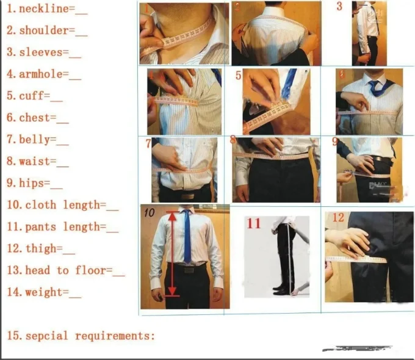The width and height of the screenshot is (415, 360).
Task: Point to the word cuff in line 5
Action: pos(31,96)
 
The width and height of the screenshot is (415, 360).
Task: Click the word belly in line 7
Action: pos(34,140)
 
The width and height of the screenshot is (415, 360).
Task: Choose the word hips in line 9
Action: pos(31,183)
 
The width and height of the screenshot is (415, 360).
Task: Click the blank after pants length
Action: pos(112,228)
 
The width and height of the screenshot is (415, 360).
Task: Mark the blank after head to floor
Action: pos(118,271)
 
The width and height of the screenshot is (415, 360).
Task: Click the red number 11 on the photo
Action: pos(253,223)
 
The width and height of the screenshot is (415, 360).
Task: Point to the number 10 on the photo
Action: pos(150,213)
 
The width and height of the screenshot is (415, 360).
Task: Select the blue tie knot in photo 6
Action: pos(374,85)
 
